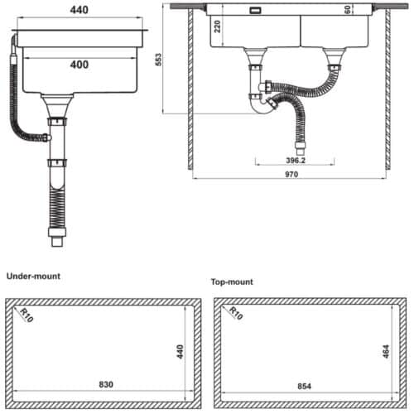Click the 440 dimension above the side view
[79, 10]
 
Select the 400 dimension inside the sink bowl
[79, 65]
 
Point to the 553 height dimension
[158, 60]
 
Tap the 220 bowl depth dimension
[218, 26]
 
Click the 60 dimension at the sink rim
[348, 10]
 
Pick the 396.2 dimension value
[296, 161]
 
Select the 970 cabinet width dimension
[291, 175]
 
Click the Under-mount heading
[33, 277]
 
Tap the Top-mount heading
[232, 282]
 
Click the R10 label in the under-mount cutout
[27, 315]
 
